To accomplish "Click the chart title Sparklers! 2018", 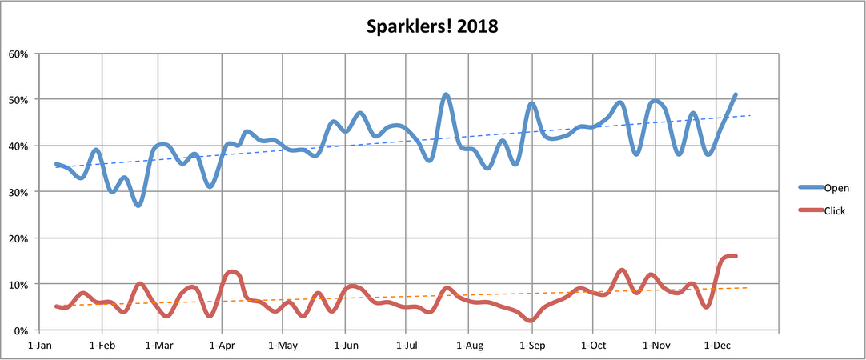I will [x=432, y=26].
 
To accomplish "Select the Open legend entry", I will [x=835, y=188].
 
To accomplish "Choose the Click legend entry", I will [x=834, y=210].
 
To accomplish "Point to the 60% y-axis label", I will [x=18, y=54].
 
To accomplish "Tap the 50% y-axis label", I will [x=18, y=100].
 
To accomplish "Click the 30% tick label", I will [x=18, y=192].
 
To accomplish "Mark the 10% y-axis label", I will [x=18, y=284].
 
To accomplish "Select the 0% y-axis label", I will [x=21, y=330].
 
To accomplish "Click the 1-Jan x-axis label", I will [x=41, y=346].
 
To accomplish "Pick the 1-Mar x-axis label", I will [x=158, y=346].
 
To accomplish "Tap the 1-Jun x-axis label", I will [x=345, y=346].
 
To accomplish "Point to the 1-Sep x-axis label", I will [x=531, y=346].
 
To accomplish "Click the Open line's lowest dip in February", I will [x=138, y=206].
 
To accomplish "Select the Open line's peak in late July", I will [x=446, y=94].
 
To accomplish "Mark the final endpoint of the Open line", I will [x=736, y=94].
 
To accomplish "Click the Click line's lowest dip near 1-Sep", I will [x=531, y=320].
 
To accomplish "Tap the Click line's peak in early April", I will [x=231, y=272].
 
